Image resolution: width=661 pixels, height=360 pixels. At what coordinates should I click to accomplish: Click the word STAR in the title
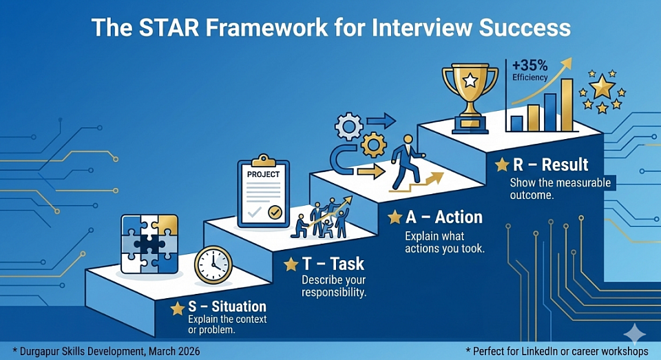[169, 28]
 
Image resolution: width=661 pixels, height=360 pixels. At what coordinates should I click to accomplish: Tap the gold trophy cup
[470, 98]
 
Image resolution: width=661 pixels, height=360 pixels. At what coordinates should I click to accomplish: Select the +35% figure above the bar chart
[530, 65]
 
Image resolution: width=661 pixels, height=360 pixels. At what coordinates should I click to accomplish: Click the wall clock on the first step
[213, 265]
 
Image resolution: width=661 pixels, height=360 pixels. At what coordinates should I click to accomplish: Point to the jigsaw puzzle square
[149, 244]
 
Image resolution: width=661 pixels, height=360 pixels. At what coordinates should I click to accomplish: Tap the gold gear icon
[373, 145]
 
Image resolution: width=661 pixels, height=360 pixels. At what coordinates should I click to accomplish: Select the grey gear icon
[348, 126]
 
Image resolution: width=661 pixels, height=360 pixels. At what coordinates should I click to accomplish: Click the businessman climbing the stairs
[406, 162]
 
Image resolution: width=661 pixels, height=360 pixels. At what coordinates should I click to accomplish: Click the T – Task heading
[333, 264]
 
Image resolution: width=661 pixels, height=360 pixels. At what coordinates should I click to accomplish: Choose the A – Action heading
[444, 217]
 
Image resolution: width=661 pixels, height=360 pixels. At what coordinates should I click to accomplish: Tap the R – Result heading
[550, 165]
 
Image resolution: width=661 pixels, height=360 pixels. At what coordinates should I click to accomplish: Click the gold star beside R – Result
[502, 165]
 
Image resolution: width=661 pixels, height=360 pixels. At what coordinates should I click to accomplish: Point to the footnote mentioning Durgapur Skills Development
[106, 351]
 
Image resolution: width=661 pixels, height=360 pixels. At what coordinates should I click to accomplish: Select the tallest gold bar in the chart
[567, 105]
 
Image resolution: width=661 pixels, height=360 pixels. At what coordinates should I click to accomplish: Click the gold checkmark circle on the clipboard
[275, 213]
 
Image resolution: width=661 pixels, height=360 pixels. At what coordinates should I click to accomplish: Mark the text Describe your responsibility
[333, 286]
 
